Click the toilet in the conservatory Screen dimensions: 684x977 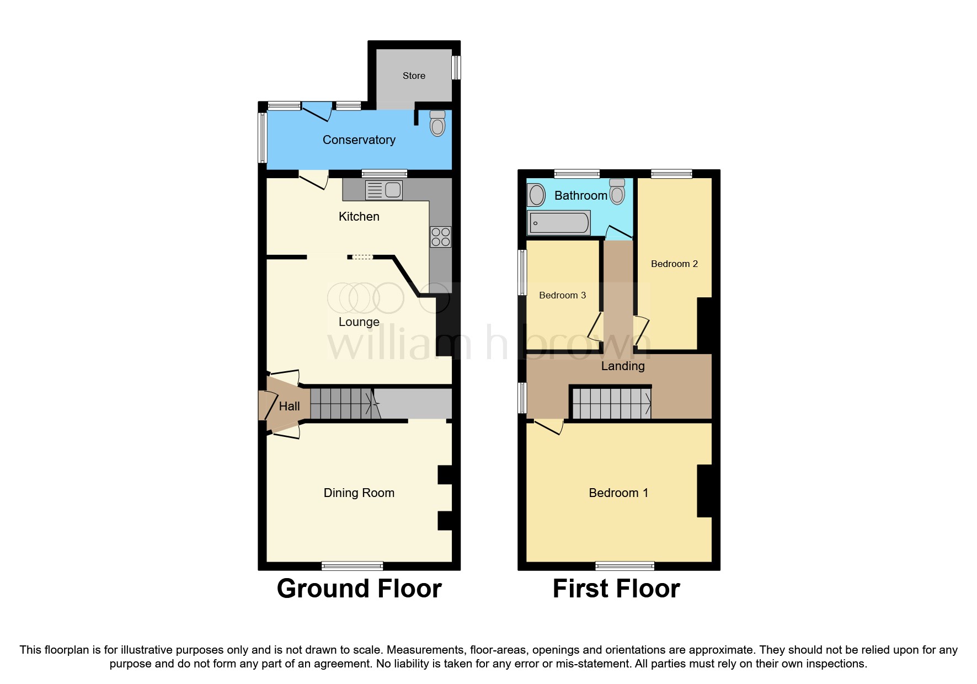437,124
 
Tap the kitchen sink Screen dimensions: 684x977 384,190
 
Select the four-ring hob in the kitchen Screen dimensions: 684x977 441,237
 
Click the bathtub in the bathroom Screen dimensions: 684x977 559,223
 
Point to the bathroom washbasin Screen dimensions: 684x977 536,195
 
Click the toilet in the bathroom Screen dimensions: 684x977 617,191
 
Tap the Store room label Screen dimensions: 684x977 414,76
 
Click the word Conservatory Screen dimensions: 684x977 359,140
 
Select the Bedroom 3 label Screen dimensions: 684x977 562,295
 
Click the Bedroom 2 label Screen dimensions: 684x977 674,264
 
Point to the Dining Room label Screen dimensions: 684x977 359,493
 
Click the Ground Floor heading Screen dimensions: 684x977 359,589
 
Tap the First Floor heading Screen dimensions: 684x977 616,589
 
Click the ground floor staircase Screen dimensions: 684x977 342,404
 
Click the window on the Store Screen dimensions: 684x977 456,68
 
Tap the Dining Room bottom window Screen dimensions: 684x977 353,565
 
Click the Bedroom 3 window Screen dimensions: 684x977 522,272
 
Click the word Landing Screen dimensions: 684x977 622,366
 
